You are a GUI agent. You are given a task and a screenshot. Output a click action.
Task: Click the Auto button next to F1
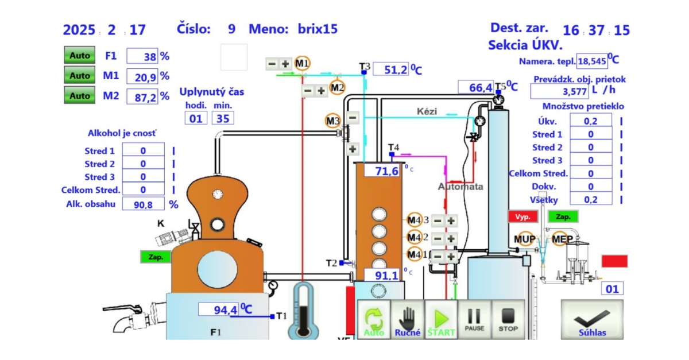coord(80,56)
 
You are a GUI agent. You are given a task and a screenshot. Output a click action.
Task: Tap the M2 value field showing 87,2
coord(141,97)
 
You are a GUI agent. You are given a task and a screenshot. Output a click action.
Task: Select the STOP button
coord(508,320)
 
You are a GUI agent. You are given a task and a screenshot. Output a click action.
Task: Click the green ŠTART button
coord(441,320)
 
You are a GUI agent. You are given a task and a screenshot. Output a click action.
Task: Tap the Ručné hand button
coord(408,320)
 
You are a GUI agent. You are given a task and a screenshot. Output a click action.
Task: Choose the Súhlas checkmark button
coord(592,320)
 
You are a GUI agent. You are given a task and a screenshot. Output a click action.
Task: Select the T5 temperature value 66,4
coord(475,87)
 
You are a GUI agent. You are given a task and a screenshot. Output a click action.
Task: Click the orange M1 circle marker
coord(302,63)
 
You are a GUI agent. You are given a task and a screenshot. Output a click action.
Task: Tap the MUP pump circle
coord(524,239)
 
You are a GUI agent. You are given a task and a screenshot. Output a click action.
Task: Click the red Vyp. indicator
coord(522,217)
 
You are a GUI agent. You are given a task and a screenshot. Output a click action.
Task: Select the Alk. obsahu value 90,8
coord(144,204)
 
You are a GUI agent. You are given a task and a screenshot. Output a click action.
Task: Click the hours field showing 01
coord(196,118)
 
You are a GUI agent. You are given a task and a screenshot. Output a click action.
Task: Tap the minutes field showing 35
coord(222,118)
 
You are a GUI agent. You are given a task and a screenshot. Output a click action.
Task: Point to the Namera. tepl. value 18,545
coord(591,61)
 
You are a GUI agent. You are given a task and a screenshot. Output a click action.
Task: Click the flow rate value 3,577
coord(559,91)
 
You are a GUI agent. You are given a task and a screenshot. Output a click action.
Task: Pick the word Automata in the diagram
coord(460,187)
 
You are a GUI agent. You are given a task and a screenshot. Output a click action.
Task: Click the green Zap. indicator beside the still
coord(156,257)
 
